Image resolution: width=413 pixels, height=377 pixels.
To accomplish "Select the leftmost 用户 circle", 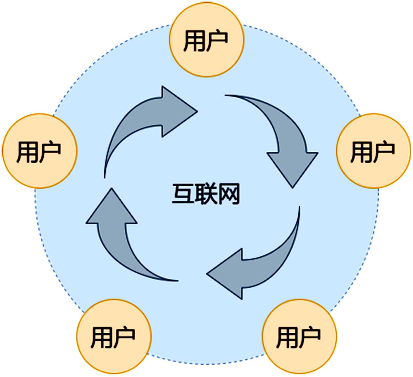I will (x=39, y=151).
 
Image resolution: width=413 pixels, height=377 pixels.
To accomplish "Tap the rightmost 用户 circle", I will (x=373, y=151).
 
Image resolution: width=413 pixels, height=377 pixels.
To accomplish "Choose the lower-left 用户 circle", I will (x=114, y=336).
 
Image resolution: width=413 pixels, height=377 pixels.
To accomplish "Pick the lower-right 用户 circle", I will (x=299, y=336).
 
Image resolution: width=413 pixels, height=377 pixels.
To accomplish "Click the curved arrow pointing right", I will (x=147, y=118).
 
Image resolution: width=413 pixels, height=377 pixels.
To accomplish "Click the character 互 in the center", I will (x=183, y=194).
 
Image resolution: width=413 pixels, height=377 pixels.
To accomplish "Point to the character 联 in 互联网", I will (x=206, y=194).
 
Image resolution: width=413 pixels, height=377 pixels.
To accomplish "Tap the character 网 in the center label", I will (x=229, y=194).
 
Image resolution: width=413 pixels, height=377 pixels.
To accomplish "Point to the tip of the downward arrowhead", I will (x=292, y=187).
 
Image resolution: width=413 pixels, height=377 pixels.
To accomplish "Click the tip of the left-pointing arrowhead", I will (x=207, y=274).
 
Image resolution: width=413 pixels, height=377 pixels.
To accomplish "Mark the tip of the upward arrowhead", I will (x=112, y=189).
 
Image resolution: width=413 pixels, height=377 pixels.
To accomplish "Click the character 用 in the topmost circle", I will (x=195, y=41).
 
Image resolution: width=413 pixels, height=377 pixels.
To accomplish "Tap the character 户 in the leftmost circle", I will (x=51, y=152).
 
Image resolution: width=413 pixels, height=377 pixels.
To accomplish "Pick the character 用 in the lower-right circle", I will (x=288, y=337).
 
